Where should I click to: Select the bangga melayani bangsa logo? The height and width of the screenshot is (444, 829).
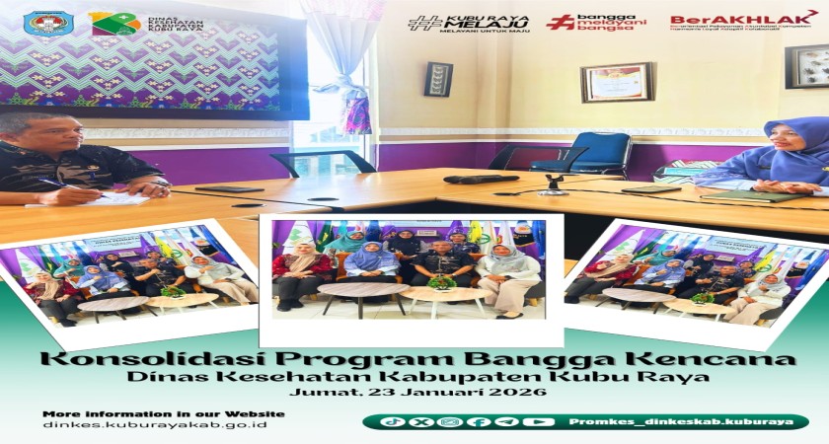pos(596,22)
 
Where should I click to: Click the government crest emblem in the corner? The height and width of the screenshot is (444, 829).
pos(48,23)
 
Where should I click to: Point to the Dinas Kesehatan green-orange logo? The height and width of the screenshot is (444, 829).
pos(114,24)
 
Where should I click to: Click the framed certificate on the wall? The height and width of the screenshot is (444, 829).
pos(617,83)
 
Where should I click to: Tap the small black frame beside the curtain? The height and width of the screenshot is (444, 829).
pos(438,79)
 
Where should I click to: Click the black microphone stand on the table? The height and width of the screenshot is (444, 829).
pos(555,184)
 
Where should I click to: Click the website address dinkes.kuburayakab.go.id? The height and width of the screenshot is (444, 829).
pos(154,424)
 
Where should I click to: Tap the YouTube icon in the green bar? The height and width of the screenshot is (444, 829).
pos(538,421)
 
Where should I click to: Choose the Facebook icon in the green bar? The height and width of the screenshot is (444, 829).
pos(479,421)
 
